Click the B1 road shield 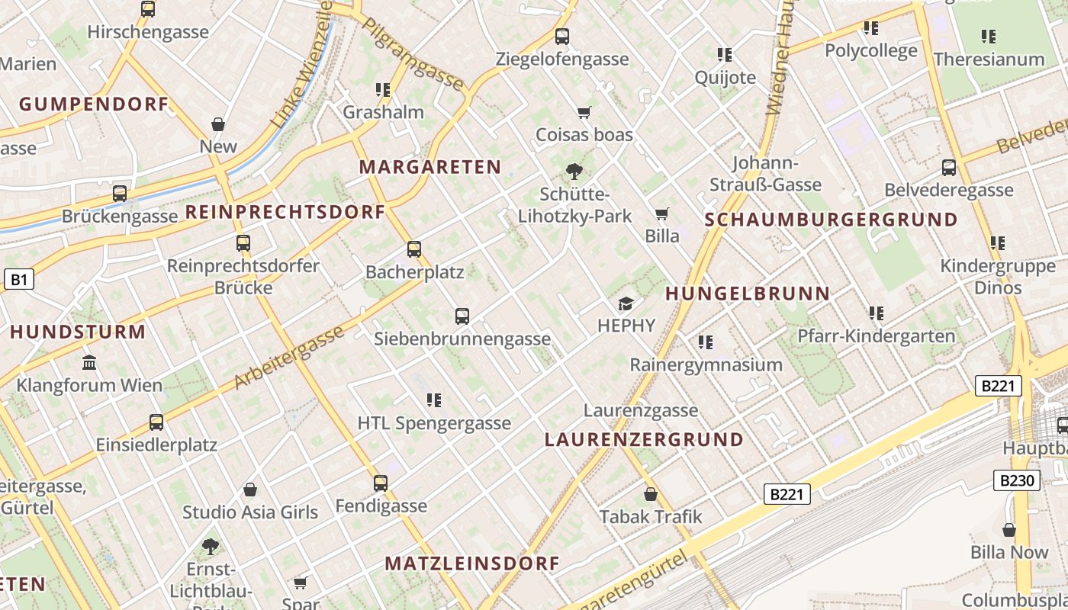click(x=19, y=280)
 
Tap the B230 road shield click(x=1017, y=480)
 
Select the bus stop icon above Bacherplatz click(x=414, y=249)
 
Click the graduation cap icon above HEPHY click(x=626, y=303)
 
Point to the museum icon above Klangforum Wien click(x=89, y=362)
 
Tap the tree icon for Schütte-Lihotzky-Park click(x=574, y=172)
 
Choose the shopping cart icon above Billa click(x=661, y=214)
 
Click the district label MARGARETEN click(x=430, y=167)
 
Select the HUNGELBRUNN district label click(x=748, y=294)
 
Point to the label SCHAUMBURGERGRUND click(x=831, y=220)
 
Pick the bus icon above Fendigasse click(x=381, y=483)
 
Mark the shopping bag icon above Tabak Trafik click(x=651, y=494)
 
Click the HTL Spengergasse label click(x=434, y=423)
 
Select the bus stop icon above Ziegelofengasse click(x=562, y=36)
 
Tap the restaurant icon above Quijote click(x=725, y=55)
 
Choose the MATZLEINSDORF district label click(x=472, y=563)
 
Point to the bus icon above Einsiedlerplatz click(x=156, y=422)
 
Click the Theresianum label click(x=989, y=59)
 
